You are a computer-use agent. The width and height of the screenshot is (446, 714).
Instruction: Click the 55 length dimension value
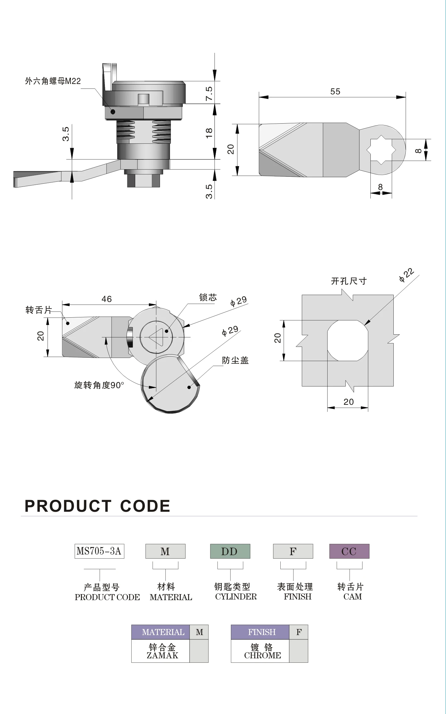[335, 92]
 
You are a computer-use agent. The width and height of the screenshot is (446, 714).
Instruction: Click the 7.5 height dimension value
[209, 93]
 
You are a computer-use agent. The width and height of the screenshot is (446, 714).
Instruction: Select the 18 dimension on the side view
[209, 133]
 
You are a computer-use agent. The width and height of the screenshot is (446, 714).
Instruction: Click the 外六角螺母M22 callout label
[53, 81]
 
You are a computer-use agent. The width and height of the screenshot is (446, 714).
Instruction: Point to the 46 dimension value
[106, 299]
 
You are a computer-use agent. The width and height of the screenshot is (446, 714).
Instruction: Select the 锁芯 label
[208, 297]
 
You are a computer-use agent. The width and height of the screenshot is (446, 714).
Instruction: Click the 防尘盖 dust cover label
[235, 360]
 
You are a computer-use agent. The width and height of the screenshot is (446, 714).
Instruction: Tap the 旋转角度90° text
[99, 385]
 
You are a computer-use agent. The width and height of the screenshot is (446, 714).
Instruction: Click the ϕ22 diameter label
[406, 275]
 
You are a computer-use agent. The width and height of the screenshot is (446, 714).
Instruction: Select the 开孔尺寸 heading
[349, 281]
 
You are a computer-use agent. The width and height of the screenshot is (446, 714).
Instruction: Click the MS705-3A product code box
[99, 551]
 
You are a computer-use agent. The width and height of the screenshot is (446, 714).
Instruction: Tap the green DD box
[230, 551]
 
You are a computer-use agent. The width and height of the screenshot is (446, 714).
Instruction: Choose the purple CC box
[349, 551]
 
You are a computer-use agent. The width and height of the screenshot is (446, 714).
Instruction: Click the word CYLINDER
[236, 597]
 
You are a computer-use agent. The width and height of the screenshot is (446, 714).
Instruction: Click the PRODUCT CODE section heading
[97, 506]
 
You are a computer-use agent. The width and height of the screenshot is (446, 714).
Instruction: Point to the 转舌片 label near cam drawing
[38, 310]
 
